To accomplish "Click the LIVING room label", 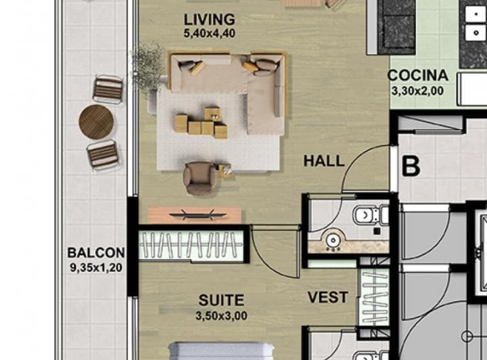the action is pos(209,20).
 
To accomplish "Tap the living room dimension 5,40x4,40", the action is pos(209,33).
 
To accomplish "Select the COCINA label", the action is pos(418,76).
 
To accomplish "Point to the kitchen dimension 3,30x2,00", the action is pos(417,91).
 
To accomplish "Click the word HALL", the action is pos(324,161).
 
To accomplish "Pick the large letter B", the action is pos(411,166).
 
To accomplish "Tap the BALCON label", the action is pos(96,252).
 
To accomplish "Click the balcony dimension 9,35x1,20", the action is pos(96,267).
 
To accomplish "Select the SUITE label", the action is pos(221,300).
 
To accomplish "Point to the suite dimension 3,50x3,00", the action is pos(221,316).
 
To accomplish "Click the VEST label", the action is pos(328,297).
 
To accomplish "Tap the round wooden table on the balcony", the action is pos(96,122).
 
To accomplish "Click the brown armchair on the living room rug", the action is pos(200,178).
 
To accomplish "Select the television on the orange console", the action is pos(198,215).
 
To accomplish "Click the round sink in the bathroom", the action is pos(333,240).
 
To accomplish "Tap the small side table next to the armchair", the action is pos(225,171).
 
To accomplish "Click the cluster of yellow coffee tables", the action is pos(202,122).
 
